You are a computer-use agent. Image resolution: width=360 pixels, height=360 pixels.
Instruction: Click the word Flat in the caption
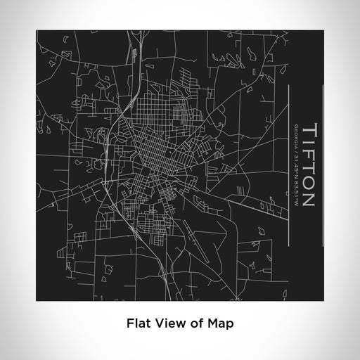137,323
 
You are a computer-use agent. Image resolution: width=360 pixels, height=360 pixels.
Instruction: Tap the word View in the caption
169,323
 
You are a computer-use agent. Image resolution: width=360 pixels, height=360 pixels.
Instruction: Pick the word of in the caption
197,323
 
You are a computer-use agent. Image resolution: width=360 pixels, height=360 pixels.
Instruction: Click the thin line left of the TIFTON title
288,155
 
